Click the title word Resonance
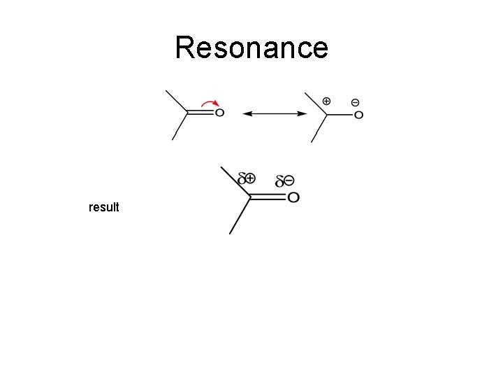(x=251, y=48)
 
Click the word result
(x=104, y=207)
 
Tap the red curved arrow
(x=208, y=104)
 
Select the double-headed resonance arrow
(x=274, y=113)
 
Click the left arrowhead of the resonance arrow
(x=245, y=113)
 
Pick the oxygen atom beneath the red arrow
(x=219, y=113)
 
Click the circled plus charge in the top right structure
(x=326, y=101)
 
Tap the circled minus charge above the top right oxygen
(x=356, y=102)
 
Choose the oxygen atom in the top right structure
(x=358, y=115)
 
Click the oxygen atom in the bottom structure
(x=293, y=198)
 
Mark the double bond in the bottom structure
(x=268, y=198)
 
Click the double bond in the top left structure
(x=201, y=112)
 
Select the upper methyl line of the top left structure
(x=175, y=101)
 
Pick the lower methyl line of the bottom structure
(x=240, y=216)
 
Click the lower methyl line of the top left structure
(x=180, y=126)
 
